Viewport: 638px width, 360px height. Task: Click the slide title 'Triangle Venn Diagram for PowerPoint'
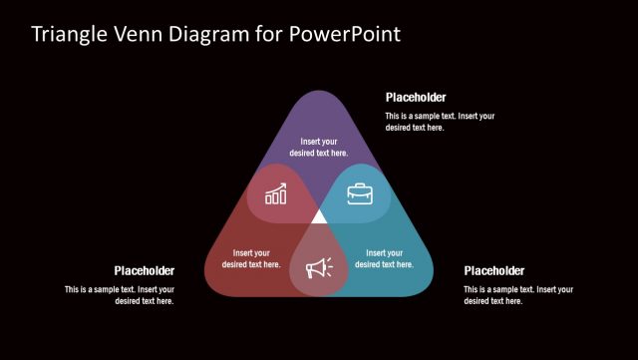tap(215, 34)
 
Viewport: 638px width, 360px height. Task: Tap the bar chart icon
tap(276, 193)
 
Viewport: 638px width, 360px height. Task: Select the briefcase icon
tap(360, 193)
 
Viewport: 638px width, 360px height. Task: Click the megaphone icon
tap(319, 267)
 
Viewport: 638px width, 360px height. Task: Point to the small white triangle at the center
tap(319, 216)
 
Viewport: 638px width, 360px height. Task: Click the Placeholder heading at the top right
tap(416, 98)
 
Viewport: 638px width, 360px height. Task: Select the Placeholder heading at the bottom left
tap(145, 270)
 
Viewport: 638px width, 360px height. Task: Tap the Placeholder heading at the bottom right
tap(494, 270)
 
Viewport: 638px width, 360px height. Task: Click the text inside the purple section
tap(319, 148)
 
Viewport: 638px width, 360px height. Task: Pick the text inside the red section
tap(251, 258)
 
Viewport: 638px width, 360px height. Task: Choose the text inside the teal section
tap(385, 258)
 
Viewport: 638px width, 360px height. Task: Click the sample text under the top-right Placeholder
tap(440, 122)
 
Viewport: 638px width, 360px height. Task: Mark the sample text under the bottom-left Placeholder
tap(120, 295)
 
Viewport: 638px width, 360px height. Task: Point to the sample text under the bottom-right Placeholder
tap(518, 295)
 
